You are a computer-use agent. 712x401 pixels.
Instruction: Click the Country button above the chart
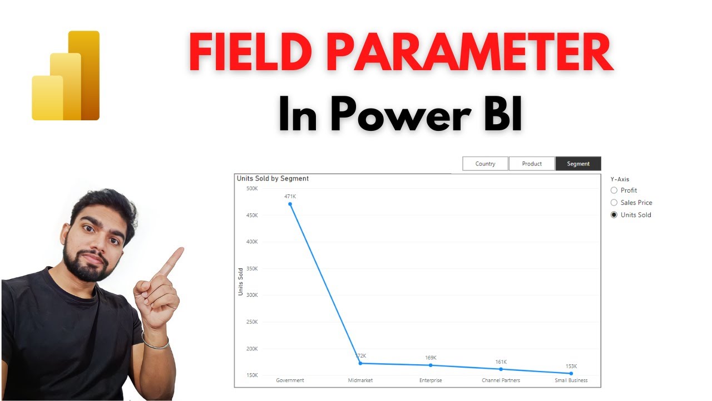[x=485, y=164]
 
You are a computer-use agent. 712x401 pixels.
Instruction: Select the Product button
[x=532, y=164]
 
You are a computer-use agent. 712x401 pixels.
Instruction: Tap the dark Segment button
[x=578, y=164]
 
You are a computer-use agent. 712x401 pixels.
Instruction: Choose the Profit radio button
[x=614, y=190]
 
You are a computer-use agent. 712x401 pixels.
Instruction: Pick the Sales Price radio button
[x=614, y=203]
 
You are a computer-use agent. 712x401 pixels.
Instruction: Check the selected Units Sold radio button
[x=614, y=215]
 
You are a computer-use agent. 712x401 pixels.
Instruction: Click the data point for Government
[x=290, y=204]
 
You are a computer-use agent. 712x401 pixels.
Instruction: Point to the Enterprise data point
[x=431, y=365]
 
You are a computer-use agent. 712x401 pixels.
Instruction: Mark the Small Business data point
[x=571, y=373]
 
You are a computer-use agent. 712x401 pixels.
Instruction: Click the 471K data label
[x=290, y=197]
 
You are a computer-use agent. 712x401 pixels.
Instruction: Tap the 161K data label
[x=501, y=362]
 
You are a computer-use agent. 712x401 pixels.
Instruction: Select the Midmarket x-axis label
[x=360, y=380]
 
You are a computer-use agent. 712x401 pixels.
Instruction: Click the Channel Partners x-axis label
[x=501, y=380]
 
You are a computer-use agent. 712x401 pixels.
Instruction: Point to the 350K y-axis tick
[x=252, y=268]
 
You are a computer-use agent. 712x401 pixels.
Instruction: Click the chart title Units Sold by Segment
[x=273, y=179]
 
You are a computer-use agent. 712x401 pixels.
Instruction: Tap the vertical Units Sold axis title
[x=241, y=282]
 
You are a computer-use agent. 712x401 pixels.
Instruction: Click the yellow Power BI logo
[x=66, y=76]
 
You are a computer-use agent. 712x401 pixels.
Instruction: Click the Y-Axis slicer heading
[x=620, y=179]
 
